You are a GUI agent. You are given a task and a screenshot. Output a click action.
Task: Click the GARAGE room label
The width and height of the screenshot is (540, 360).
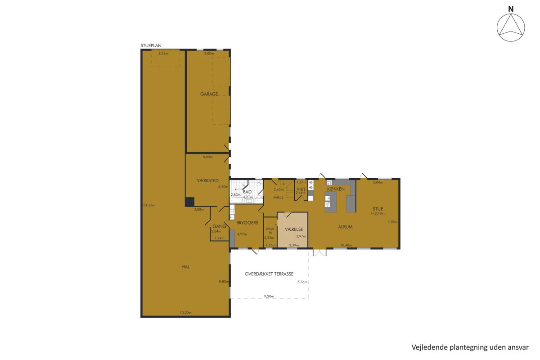click(x=209, y=94)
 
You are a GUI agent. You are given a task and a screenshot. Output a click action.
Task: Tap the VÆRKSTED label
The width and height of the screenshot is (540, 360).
click(x=207, y=180)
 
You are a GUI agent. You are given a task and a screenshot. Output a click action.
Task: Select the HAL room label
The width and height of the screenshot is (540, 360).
click(x=185, y=267)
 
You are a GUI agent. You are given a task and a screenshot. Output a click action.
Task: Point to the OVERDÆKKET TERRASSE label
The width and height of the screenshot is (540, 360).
click(x=269, y=274)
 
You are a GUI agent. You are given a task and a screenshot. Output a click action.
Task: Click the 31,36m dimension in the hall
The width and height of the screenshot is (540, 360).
click(x=149, y=205)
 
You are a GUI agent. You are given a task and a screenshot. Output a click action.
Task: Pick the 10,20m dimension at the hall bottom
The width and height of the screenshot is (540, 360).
click(x=185, y=312)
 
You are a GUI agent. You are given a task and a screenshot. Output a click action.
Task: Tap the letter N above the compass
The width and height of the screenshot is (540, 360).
click(x=511, y=9)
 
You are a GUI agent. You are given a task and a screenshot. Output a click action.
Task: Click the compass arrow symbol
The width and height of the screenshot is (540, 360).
click(x=511, y=28)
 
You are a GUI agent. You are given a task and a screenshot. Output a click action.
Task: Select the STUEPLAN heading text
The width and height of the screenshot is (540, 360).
click(x=151, y=45)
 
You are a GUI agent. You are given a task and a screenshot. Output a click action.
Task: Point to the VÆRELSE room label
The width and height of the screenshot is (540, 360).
click(x=294, y=229)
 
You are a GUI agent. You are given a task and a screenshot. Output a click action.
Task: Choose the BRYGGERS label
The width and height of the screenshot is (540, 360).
click(x=247, y=223)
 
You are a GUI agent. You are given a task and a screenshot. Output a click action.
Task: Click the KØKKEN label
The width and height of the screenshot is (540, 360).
click(x=336, y=189)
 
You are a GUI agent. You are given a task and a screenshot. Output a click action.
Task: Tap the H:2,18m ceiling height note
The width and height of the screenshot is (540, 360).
click(x=378, y=213)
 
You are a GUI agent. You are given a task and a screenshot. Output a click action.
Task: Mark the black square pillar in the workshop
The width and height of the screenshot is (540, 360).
click(x=189, y=202)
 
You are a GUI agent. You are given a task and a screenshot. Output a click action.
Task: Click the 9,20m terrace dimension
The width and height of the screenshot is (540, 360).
click(x=269, y=296)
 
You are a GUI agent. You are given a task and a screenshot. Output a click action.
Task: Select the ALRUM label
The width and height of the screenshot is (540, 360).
click(x=345, y=227)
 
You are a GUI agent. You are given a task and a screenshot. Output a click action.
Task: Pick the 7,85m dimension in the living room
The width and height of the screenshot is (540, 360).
click(x=392, y=222)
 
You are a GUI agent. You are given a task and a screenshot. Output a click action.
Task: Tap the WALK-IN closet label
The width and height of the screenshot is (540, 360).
click(x=270, y=230)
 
